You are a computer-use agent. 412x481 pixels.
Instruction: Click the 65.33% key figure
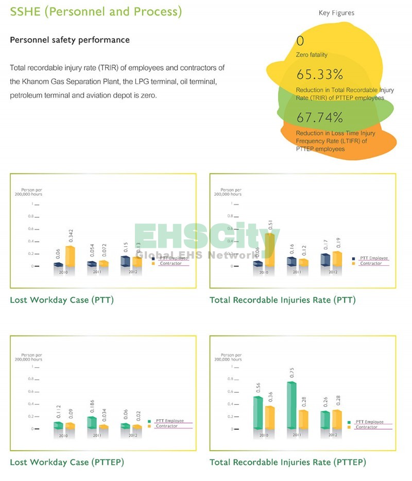coord(320,75)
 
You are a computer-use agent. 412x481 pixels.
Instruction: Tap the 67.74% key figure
coord(320,118)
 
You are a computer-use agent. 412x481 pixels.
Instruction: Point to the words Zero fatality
coord(312,55)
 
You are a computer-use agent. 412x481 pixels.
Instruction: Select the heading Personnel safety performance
coord(70,40)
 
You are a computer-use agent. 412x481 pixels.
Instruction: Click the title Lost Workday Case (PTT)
coord(62,300)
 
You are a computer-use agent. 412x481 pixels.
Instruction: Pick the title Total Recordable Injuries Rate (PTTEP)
coord(288,462)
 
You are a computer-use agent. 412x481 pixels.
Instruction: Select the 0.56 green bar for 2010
coord(258,412)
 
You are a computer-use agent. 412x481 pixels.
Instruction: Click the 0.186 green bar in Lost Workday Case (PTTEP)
coord(92,422)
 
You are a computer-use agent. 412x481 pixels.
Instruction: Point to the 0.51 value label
coord(271,228)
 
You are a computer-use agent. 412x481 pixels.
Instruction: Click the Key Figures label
coord(336,13)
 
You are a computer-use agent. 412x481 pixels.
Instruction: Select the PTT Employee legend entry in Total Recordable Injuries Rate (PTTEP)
coord(369,422)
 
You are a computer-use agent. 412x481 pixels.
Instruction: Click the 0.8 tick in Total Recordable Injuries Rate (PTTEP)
coord(232,379)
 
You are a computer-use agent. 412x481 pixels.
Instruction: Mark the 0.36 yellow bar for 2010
coord(269,417)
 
